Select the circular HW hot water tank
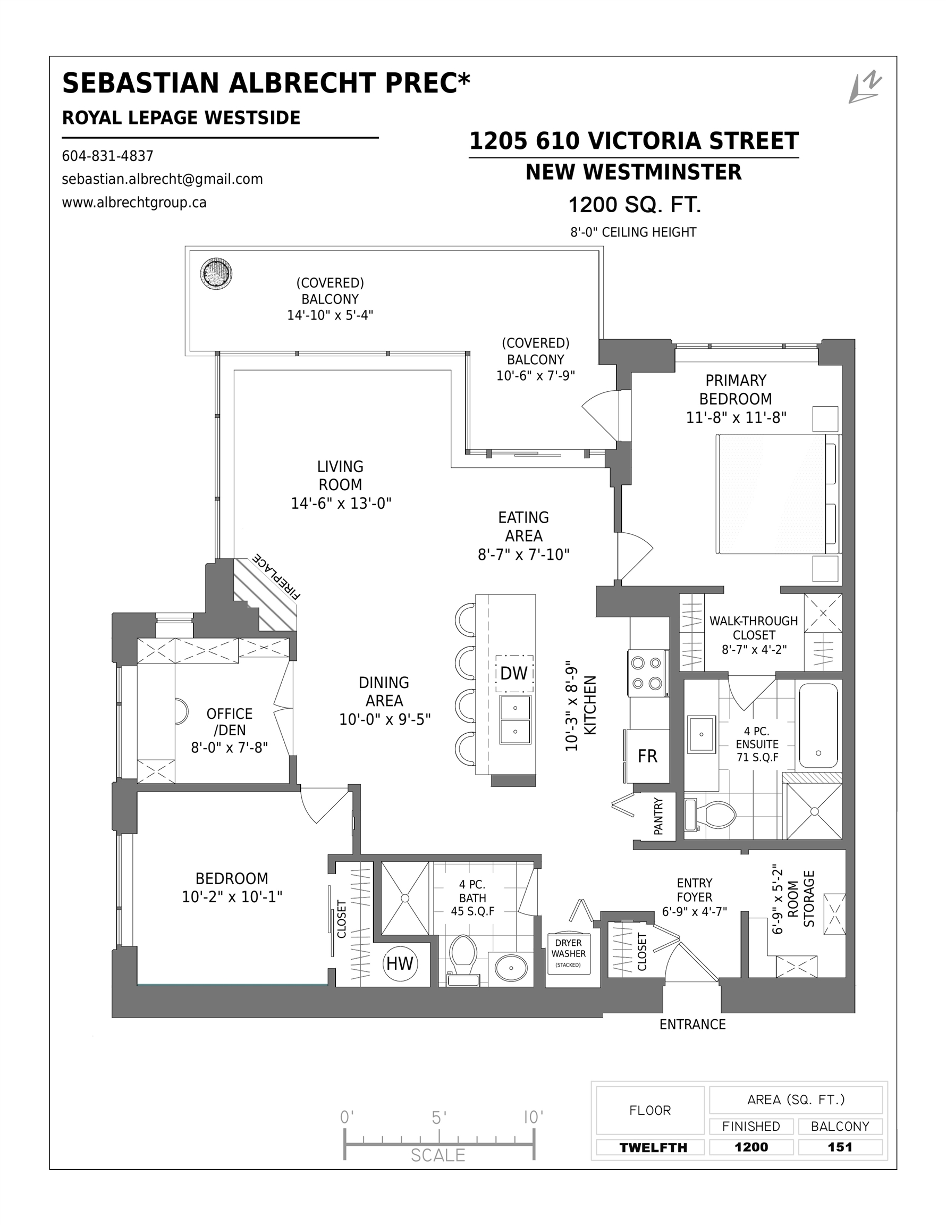click(x=400, y=963)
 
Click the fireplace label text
click(x=277, y=576)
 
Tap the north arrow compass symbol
click(x=864, y=88)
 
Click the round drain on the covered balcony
click(x=216, y=274)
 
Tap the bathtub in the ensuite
click(x=818, y=725)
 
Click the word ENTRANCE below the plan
click(x=692, y=1025)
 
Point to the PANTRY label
click(x=658, y=816)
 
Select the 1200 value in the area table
click(x=751, y=1147)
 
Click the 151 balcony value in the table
click(x=840, y=1147)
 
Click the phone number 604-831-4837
click(x=108, y=156)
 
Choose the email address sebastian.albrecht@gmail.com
click(x=163, y=179)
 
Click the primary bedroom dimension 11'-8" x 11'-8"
click(x=736, y=417)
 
